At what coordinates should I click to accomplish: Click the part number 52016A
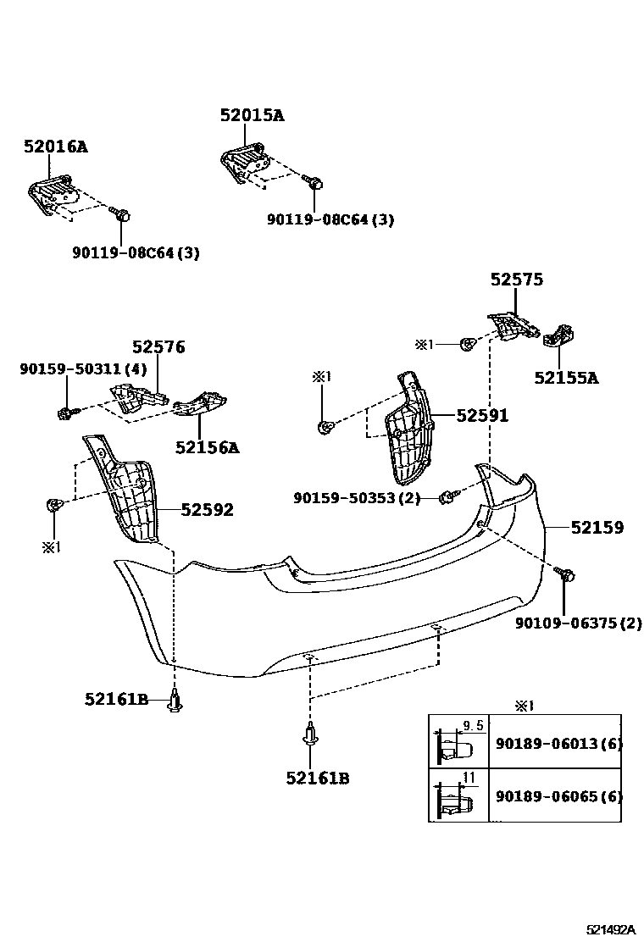(55, 147)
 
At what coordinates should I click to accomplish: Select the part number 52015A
(252, 116)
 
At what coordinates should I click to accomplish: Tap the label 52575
(516, 280)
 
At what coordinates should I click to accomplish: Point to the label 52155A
(565, 378)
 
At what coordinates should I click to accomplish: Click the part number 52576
(158, 347)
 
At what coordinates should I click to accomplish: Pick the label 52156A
(208, 447)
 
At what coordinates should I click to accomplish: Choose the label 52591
(482, 415)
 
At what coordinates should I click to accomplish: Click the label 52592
(208, 509)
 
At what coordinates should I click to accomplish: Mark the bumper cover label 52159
(597, 528)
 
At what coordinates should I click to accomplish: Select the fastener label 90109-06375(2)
(579, 623)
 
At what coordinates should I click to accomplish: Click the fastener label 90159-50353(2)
(357, 498)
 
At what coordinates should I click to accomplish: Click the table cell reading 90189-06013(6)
(558, 745)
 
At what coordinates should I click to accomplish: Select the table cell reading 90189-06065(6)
(558, 796)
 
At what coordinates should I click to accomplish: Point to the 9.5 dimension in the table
(474, 725)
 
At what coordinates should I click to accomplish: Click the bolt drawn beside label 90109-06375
(567, 575)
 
